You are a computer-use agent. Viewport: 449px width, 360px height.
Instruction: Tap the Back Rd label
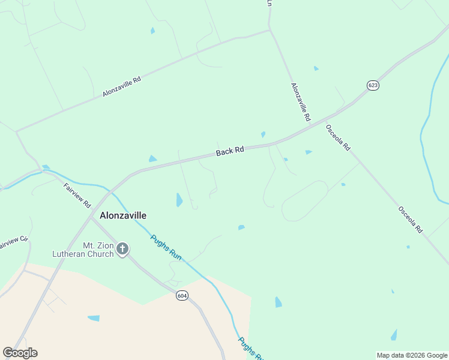[x=230, y=152]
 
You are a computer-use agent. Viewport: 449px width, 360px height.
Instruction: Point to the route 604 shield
[x=182, y=295]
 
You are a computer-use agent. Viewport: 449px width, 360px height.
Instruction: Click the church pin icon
[x=122, y=249]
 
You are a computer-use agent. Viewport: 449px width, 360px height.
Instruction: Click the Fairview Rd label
[x=77, y=195]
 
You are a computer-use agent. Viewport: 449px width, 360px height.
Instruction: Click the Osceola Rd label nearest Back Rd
[x=337, y=137]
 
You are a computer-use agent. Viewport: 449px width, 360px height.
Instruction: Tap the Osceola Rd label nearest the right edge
[x=411, y=220]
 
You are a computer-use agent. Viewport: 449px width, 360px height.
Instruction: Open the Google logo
[x=20, y=353]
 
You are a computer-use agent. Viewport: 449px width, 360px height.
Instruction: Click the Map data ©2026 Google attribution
[x=412, y=355]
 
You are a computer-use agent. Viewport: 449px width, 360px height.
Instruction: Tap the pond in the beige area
[x=94, y=318]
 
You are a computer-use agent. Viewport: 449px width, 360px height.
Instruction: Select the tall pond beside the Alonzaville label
[x=179, y=200]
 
